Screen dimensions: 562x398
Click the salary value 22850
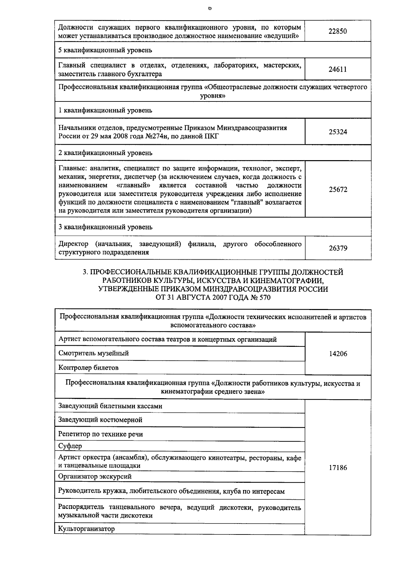(338, 31)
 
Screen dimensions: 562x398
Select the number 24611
(338, 70)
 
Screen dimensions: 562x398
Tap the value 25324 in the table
(338, 132)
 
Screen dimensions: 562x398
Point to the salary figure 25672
(338, 190)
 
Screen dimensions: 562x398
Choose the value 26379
(338, 248)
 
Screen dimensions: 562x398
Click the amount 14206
(338, 354)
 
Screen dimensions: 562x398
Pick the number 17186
(338, 468)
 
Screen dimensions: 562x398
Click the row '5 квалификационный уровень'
(105, 50)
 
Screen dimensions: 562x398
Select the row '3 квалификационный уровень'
(105, 227)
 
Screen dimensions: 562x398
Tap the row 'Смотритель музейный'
(94, 353)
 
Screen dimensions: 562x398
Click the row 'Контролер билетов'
(88, 368)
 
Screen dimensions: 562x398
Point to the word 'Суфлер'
(70, 446)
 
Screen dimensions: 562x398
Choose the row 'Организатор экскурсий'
(95, 476)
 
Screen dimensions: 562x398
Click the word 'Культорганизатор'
(86, 529)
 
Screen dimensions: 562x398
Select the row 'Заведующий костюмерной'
(100, 420)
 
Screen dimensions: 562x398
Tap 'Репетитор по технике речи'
(100, 434)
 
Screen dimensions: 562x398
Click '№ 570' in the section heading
(260, 297)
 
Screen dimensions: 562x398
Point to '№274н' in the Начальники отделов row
(156, 136)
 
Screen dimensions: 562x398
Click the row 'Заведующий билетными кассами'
(110, 406)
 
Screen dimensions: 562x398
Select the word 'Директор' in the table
(73, 244)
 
